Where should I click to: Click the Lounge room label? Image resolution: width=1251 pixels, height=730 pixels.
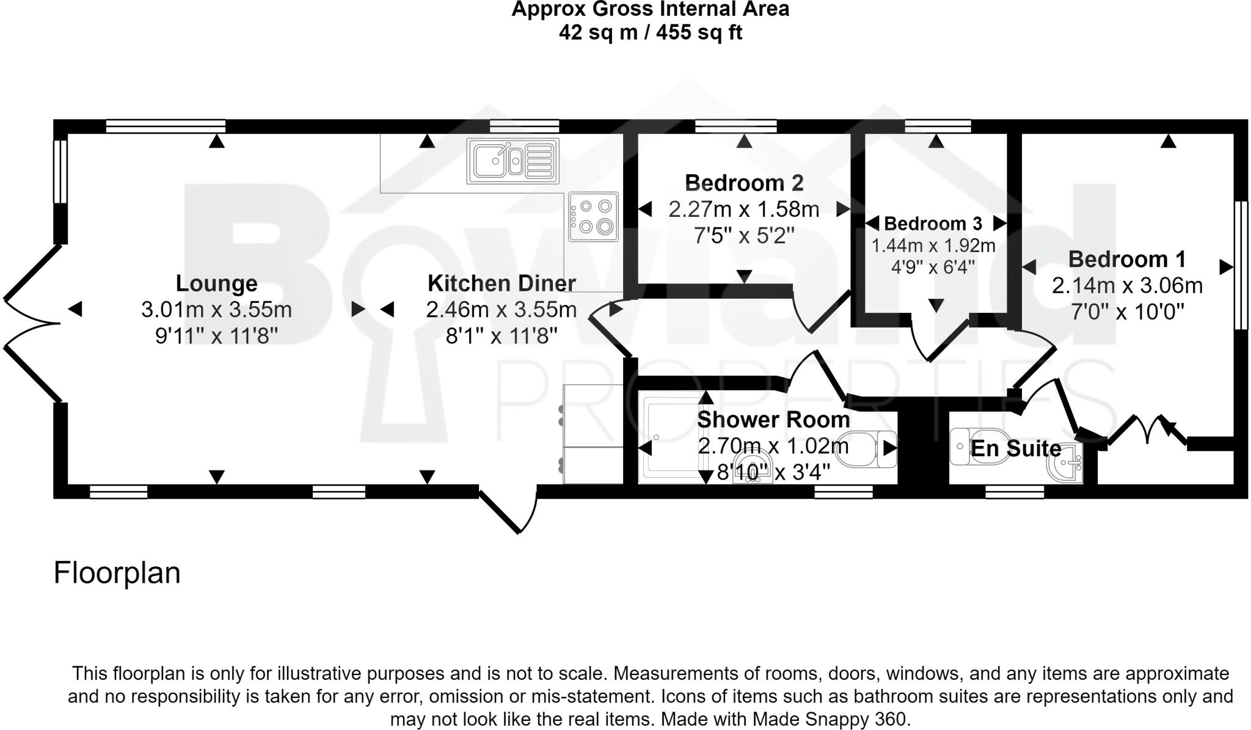click(216, 283)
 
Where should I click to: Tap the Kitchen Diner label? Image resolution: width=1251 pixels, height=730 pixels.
click(501, 283)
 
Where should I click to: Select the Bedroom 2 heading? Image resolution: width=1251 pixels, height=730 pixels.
click(743, 183)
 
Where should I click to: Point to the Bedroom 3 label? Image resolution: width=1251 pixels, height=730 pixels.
click(933, 224)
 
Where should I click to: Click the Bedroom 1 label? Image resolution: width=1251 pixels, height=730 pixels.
click(1126, 259)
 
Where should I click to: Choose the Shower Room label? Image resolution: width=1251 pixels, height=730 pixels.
click(773, 420)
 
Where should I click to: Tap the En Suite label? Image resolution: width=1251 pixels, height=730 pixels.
click(1015, 448)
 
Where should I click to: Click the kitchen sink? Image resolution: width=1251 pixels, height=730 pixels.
click(512, 161)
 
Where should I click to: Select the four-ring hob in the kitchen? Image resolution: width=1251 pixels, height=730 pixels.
click(593, 217)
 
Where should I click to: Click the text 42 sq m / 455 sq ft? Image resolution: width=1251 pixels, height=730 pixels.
click(650, 32)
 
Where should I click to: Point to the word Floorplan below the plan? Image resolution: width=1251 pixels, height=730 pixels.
click(117, 573)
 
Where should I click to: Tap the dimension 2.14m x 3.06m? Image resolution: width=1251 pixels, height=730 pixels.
click(1126, 285)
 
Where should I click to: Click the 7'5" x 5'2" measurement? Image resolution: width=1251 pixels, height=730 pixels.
click(743, 235)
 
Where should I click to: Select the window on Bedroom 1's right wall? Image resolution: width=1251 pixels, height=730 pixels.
click(1241, 265)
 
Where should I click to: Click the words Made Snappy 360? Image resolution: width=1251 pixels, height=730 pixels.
click(830, 719)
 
